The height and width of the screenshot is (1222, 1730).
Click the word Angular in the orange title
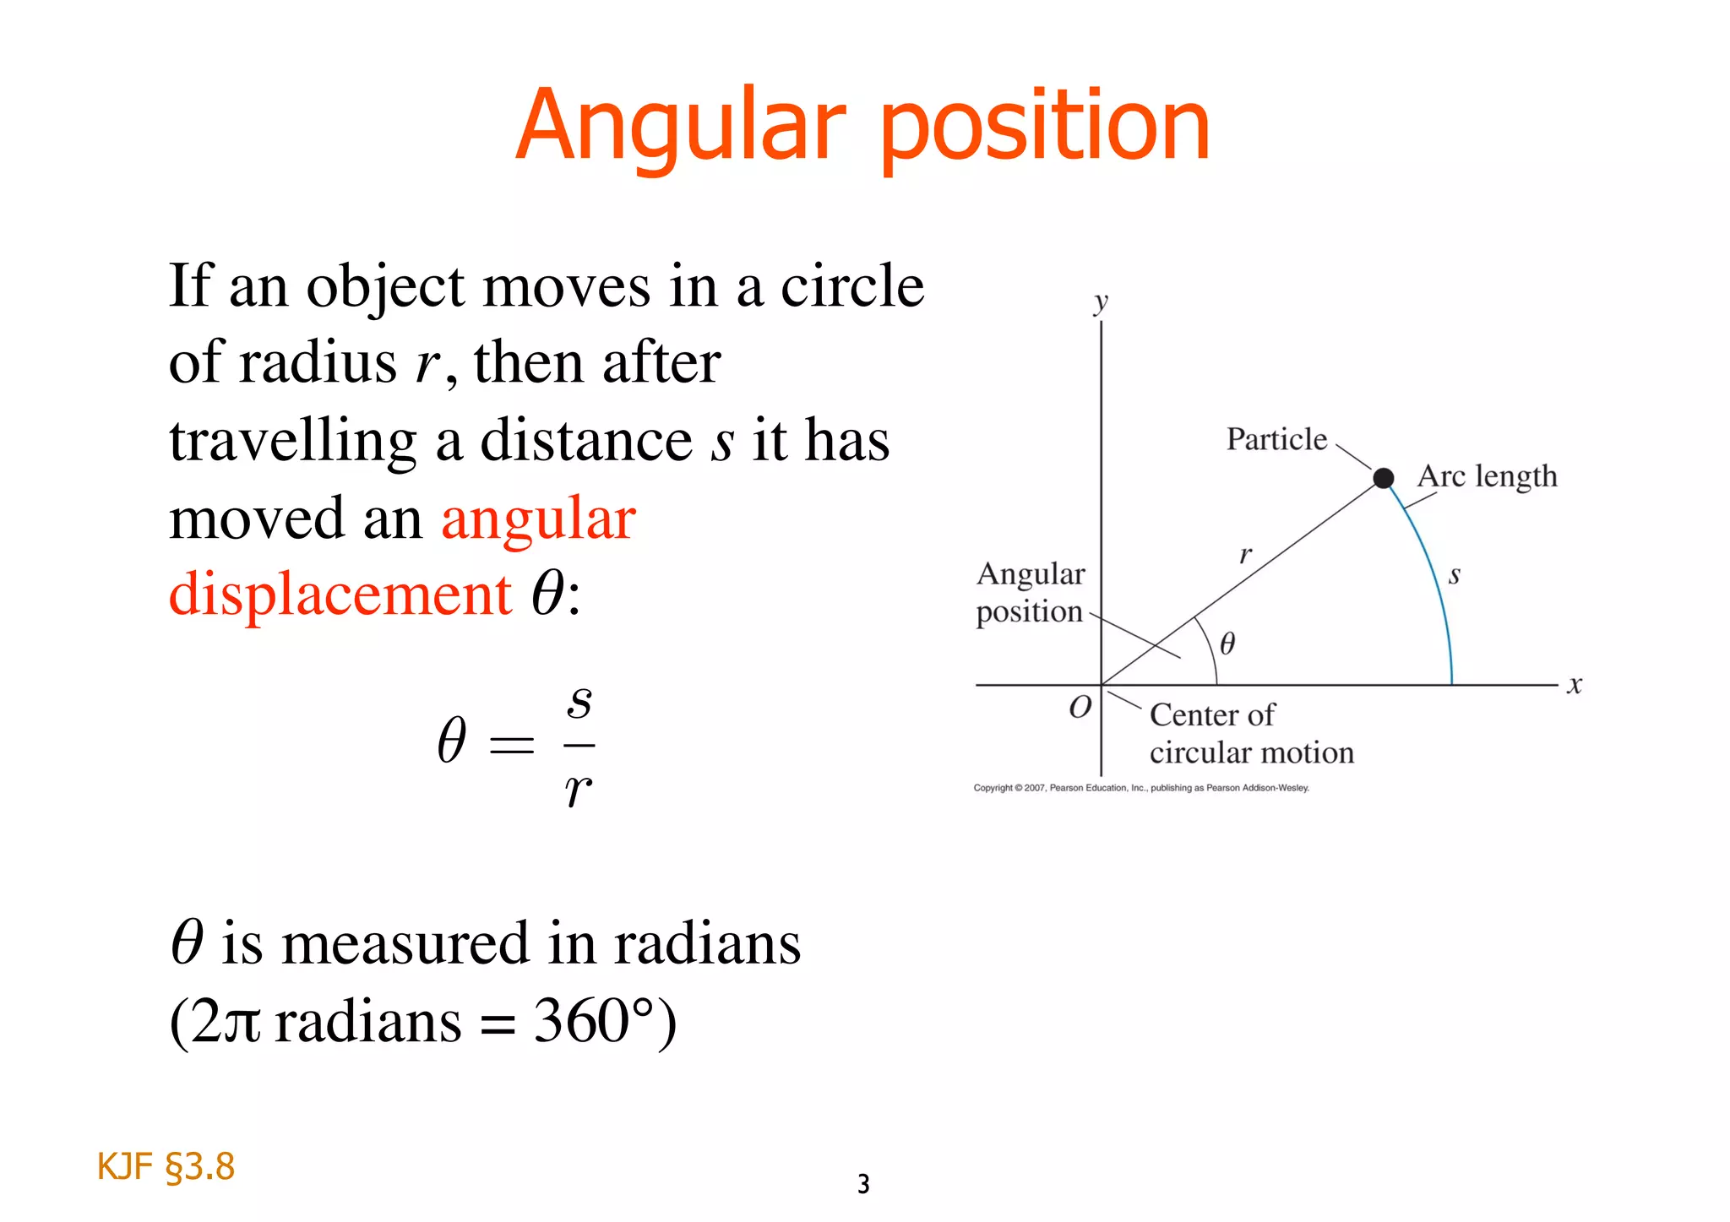tap(681, 127)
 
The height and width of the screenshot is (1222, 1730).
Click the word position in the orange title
tap(1045, 128)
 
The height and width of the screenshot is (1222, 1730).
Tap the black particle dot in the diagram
tap(1383, 479)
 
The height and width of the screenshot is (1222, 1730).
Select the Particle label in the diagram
tap(1276, 439)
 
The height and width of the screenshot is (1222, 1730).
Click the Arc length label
tap(1487, 477)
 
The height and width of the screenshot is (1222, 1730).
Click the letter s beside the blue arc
tap(1455, 576)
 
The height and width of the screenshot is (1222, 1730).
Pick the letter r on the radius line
tap(1245, 555)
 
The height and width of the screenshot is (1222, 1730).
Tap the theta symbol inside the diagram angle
tap(1227, 644)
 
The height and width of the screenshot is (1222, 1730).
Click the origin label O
tap(1080, 707)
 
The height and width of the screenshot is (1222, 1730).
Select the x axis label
tap(1574, 685)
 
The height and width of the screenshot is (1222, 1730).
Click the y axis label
tap(1100, 302)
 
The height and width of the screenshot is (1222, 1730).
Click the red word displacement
tap(340, 594)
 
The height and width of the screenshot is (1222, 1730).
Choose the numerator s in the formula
tap(579, 701)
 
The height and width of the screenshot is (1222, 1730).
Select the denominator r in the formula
tap(578, 790)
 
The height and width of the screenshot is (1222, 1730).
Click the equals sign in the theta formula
tap(512, 745)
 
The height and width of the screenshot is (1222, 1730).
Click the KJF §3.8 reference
tap(166, 1166)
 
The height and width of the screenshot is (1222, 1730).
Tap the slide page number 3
tap(863, 1184)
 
